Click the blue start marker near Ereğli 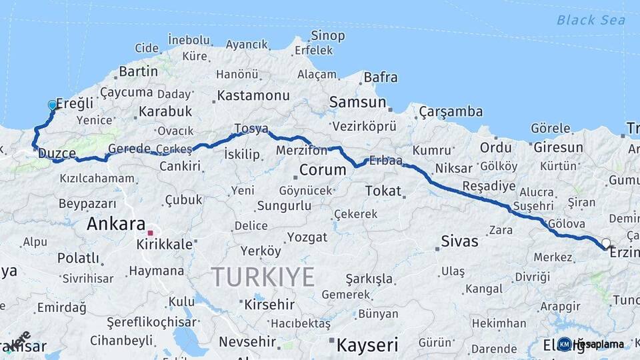coord(52,105)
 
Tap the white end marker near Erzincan coord(605,243)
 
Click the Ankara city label coord(116,224)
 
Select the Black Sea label coord(591,20)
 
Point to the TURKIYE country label coord(263,276)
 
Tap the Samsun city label coord(358,103)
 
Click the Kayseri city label coord(367,345)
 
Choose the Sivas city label coord(460,241)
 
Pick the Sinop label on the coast coord(327,35)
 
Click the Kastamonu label coord(253,95)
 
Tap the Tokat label coord(383,191)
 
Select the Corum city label coord(323,170)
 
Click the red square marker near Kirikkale coord(151,233)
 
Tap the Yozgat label coord(307,237)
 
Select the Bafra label coord(381,77)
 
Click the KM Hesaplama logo coord(591,344)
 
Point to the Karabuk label coord(165,111)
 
